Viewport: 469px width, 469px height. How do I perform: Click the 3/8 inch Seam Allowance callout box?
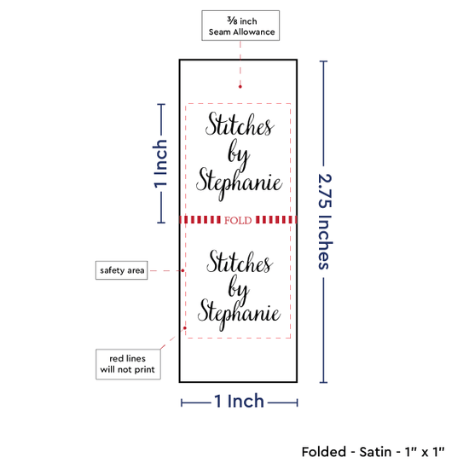coord(240,26)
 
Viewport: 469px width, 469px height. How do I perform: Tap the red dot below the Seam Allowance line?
coord(240,87)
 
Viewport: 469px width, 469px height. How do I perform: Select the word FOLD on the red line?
coord(238,221)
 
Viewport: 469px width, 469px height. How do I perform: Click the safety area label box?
coord(121,270)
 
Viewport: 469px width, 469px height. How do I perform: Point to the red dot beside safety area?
coord(182,270)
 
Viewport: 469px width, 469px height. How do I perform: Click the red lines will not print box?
coord(128,364)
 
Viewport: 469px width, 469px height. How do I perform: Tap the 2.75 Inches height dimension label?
coord(325,222)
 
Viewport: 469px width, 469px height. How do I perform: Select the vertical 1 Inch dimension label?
coord(160,164)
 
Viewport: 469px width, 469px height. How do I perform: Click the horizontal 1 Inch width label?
coord(240,401)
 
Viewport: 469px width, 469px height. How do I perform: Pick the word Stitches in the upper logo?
coord(240,124)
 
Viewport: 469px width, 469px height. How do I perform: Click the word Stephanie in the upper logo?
coord(239,183)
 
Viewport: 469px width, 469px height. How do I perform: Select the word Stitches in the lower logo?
coord(240,263)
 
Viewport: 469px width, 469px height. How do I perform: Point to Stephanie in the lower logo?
coord(239,315)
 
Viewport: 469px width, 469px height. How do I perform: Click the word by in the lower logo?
coord(239,288)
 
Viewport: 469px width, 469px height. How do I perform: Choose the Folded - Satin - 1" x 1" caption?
coord(373,452)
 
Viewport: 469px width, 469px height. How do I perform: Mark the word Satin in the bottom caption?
coord(375,452)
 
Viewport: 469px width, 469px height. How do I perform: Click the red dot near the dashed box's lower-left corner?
coord(185,328)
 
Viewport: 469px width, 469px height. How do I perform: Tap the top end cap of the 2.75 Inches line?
coord(323,61)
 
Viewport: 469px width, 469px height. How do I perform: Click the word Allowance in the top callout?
coord(254,32)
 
